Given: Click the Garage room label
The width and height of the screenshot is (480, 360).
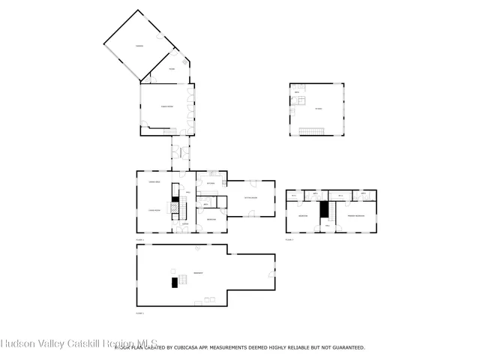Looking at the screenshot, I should pos(139,46).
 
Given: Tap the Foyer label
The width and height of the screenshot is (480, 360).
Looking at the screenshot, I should pos(172,70).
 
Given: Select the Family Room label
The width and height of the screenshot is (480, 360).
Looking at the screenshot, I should pos(166,106).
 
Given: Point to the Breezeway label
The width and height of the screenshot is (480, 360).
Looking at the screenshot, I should pos(181,154).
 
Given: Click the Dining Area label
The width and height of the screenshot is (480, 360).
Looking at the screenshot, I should pos(156,184).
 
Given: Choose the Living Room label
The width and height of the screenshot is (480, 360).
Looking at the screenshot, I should pos(156,210).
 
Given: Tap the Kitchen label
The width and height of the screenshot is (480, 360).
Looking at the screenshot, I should pos(211,183).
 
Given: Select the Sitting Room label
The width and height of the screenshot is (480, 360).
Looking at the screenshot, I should pos(250,198).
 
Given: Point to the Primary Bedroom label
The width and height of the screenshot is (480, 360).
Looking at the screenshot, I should pos(355,216).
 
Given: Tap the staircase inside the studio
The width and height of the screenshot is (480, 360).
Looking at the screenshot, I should pos(310,131).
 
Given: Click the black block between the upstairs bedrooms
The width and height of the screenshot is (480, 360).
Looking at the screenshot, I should pos(325,210).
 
